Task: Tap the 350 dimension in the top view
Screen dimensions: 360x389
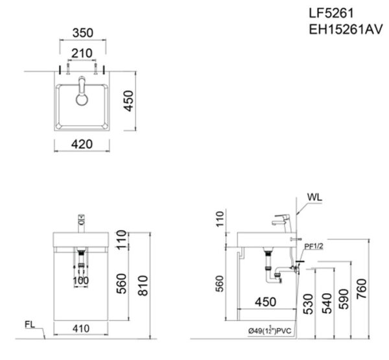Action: click(82, 31)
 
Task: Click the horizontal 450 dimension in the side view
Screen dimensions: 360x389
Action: click(265, 301)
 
